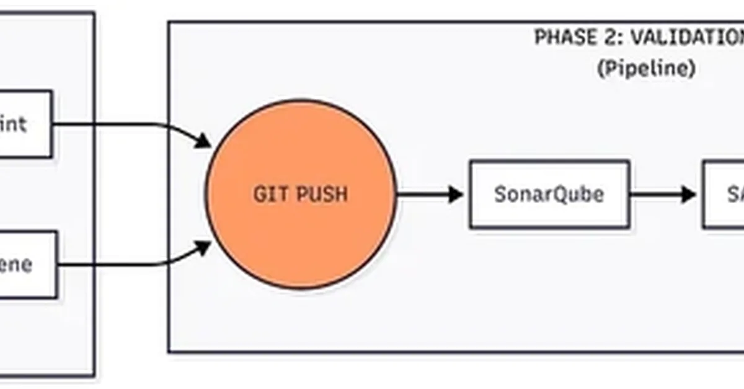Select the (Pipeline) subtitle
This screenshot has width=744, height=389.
click(645, 68)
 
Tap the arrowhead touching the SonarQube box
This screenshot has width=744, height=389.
click(456, 194)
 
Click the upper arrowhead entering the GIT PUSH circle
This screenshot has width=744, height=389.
click(203, 141)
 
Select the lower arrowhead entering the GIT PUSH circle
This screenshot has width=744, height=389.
click(203, 248)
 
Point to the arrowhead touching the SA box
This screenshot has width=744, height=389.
click(689, 194)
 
